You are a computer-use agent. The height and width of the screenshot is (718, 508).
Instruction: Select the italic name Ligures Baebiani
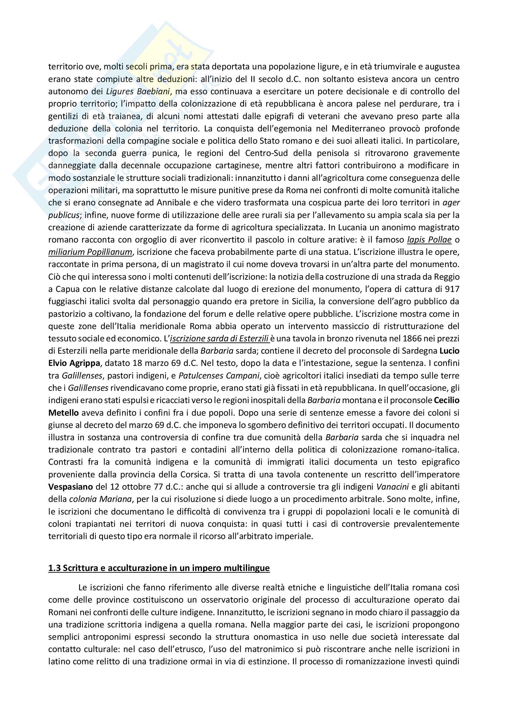(x=138, y=91)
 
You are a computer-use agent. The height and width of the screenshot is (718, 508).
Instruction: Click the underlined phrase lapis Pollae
(x=429, y=240)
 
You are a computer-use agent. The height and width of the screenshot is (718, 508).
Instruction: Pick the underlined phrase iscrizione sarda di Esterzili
(x=219, y=339)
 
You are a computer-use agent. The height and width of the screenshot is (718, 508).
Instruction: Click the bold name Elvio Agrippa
(x=74, y=363)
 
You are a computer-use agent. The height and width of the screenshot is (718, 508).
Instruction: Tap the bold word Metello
(x=63, y=413)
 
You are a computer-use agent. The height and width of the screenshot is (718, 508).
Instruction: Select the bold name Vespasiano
(x=70, y=487)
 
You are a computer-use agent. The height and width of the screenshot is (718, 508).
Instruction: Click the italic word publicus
(x=64, y=215)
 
